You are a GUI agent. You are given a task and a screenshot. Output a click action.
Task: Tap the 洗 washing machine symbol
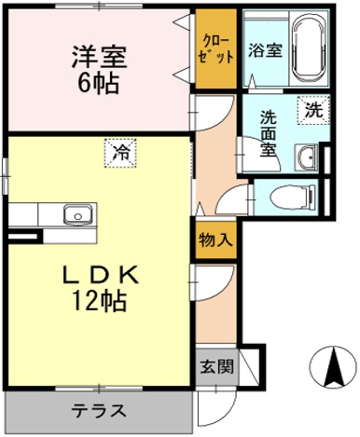[313, 109]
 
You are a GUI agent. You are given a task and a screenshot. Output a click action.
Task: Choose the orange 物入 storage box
[214, 239]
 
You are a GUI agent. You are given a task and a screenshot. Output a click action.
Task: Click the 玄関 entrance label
[213, 365]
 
